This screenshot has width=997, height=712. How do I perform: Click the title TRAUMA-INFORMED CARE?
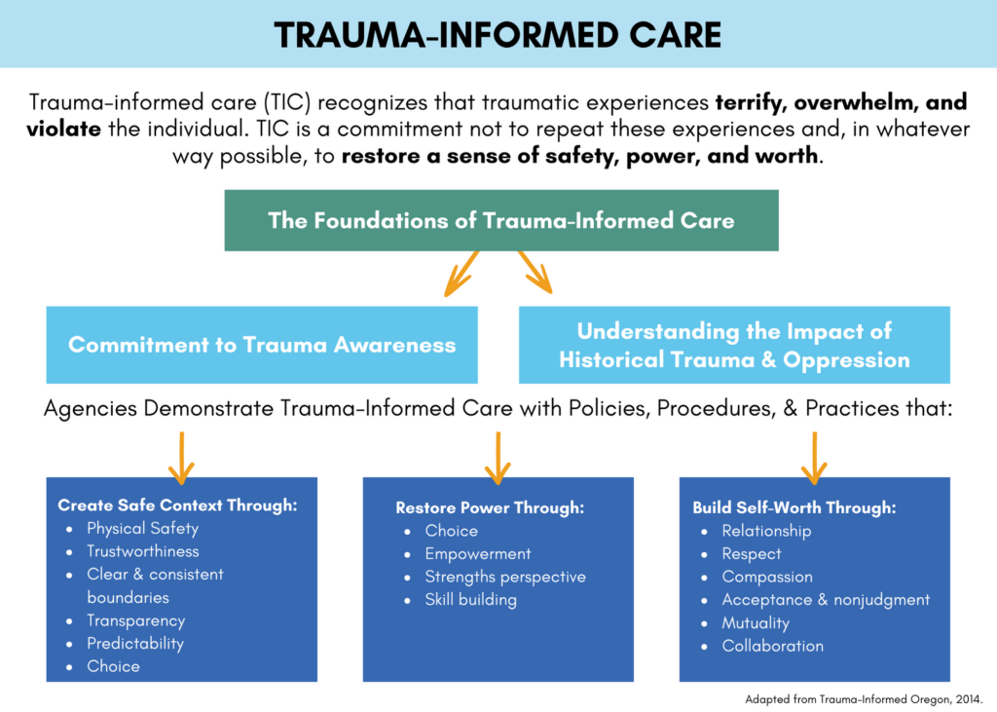tap(498, 35)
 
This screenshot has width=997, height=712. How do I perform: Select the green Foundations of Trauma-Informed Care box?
tap(501, 220)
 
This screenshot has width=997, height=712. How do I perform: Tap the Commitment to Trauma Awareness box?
tap(262, 345)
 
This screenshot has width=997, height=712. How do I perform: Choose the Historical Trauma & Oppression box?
tap(734, 345)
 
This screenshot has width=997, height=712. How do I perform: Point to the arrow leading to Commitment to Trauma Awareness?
tap(462, 273)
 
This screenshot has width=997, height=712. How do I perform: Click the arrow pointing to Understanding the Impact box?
tap(535, 272)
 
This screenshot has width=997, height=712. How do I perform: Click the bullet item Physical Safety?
tap(142, 529)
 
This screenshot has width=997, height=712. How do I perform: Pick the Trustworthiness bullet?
tap(142, 551)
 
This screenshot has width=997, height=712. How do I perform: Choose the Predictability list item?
tap(135, 644)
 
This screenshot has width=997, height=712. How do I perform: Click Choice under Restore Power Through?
tap(452, 531)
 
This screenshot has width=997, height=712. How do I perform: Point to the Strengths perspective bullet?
tap(505, 577)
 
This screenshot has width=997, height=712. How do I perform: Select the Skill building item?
tap(470, 600)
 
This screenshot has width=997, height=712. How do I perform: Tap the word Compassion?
tap(767, 577)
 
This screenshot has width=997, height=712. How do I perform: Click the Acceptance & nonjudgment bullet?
tap(826, 600)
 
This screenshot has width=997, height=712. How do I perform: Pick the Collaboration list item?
tap(772, 646)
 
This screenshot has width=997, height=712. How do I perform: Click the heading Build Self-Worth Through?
tap(794, 507)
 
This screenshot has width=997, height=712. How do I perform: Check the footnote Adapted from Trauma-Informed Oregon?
tap(864, 698)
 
